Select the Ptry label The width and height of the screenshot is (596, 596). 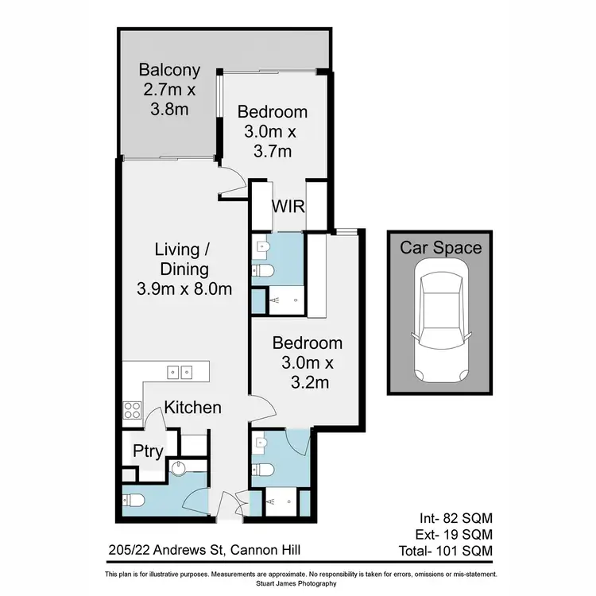(x=148, y=451)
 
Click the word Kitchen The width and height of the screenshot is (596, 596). (x=192, y=408)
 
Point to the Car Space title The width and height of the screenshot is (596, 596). (x=440, y=247)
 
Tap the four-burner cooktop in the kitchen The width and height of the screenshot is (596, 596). (x=131, y=410)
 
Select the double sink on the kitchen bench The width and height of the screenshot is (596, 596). (x=180, y=371)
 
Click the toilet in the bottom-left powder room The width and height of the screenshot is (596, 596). (x=133, y=501)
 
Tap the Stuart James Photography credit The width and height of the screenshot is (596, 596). (x=300, y=583)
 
